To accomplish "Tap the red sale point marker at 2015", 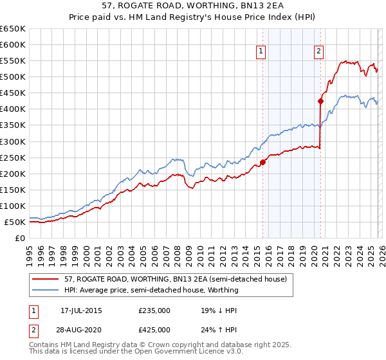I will pos(262,162).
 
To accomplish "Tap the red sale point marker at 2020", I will pos(320,101).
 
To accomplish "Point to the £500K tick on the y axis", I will pos(13,77).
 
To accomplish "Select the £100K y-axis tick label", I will pos(13,206).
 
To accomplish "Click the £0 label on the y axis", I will pos(19,238).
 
